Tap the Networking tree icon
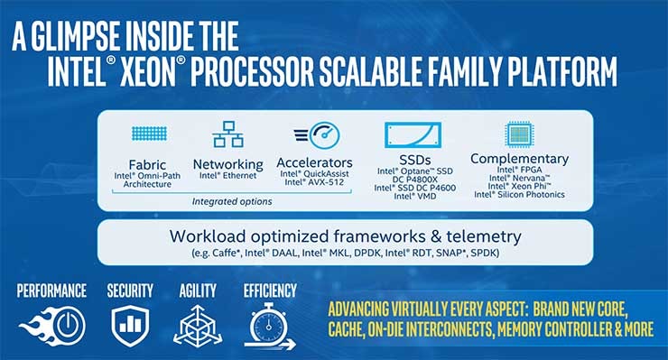pyautogui.click(x=228, y=134)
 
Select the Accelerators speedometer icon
pyautogui.click(x=316, y=135)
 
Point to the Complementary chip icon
pyautogui.click(x=518, y=134)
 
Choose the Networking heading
pyautogui.click(x=228, y=164)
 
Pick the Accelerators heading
pyautogui.click(x=315, y=163)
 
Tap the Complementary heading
pyautogui.click(x=519, y=159)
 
